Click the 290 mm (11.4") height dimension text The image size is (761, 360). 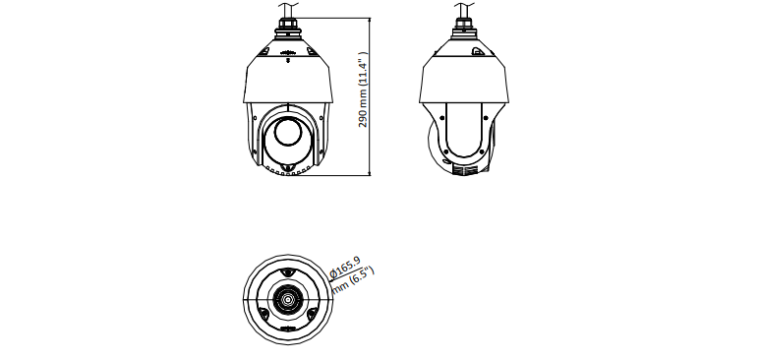coord(363,90)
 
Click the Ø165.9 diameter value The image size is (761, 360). coord(345,268)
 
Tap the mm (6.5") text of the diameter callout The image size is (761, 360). coord(353,280)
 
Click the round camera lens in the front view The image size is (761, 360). coord(288,131)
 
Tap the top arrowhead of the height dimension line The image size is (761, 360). coord(370,21)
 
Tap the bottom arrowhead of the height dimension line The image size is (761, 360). coord(370,172)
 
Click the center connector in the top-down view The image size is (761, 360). coord(288,299)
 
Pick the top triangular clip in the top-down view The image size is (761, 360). coord(288,273)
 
